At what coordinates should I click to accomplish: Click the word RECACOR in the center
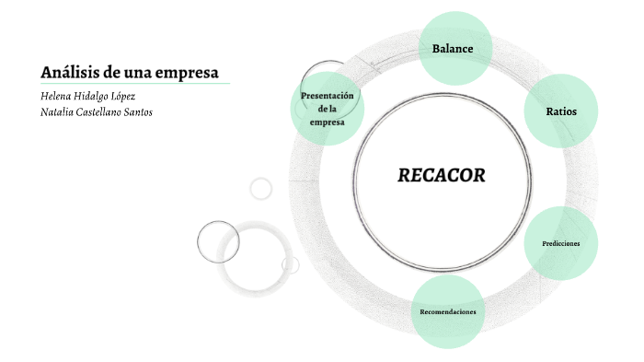pos(441,175)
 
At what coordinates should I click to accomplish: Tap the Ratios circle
pos(561,111)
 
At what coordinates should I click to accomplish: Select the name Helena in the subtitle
pos(59,96)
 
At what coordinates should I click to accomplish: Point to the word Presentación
pos(328,96)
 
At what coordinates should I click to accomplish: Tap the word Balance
pos(453,48)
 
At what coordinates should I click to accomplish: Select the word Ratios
pos(561,111)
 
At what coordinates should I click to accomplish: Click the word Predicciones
pos(561,243)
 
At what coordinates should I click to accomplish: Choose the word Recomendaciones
pos(448,312)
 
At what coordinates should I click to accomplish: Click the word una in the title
pos(136,72)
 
